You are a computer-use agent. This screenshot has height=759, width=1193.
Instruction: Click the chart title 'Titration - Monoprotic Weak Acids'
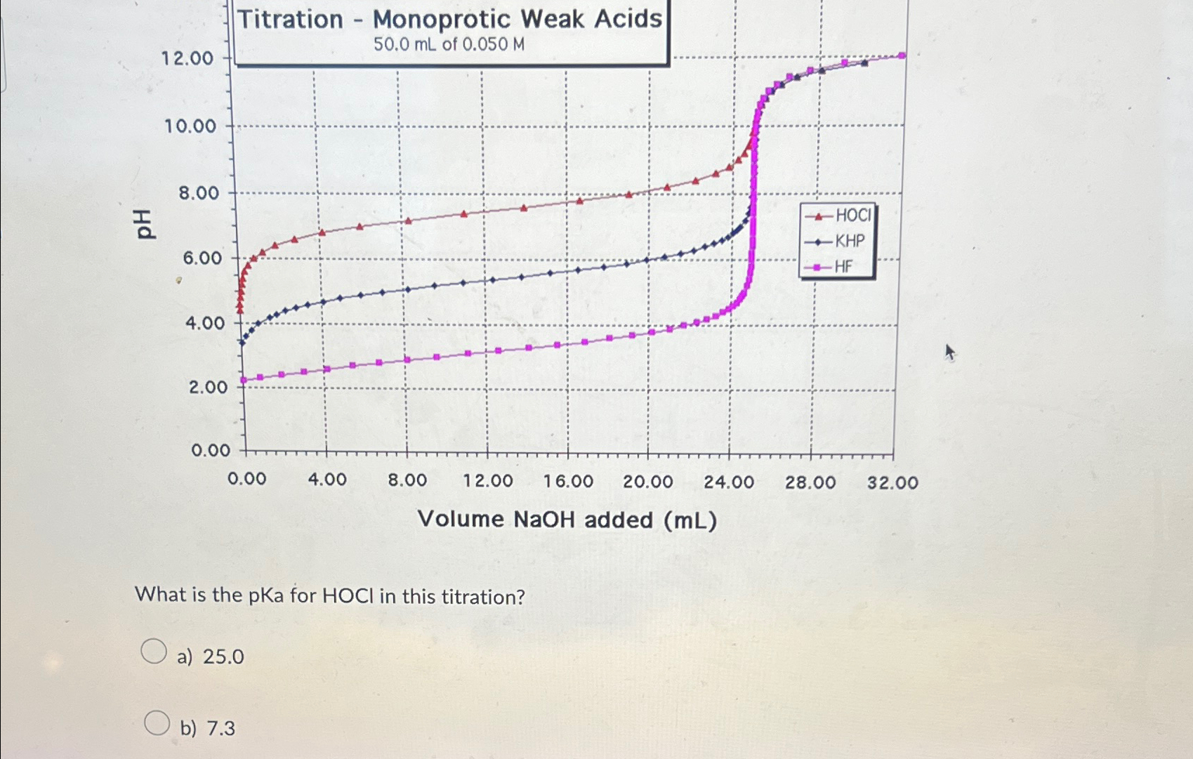pyautogui.click(x=449, y=19)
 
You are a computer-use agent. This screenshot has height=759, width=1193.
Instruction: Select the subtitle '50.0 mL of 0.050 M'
pyautogui.click(x=449, y=45)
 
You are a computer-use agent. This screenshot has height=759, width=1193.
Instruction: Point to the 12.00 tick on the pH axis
pyautogui.click(x=187, y=58)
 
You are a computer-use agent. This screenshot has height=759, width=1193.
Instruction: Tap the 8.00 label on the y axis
pyautogui.click(x=199, y=193)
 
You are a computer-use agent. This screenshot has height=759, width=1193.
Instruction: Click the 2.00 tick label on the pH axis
pyautogui.click(x=208, y=387)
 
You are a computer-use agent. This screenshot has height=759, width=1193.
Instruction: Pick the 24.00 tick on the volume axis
pyautogui.click(x=729, y=482)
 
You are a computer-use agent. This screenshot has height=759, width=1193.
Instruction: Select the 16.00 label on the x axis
pyautogui.click(x=568, y=482)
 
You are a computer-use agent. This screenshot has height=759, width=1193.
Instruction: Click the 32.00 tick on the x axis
pyautogui.click(x=892, y=483)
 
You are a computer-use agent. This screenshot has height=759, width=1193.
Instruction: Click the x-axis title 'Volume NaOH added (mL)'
pyautogui.click(x=567, y=520)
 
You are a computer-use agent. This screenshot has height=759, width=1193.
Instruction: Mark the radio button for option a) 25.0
pyautogui.click(x=154, y=651)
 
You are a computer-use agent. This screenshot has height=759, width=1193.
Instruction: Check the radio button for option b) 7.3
pyautogui.click(x=157, y=722)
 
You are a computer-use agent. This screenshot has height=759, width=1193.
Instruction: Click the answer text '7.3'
pyautogui.click(x=221, y=729)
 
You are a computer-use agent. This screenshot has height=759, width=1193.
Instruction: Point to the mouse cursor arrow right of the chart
pyautogui.click(x=950, y=351)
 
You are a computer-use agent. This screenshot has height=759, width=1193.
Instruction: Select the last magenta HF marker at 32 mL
pyautogui.click(x=902, y=55)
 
